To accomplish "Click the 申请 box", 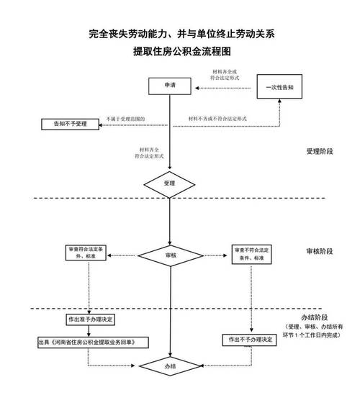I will click(168, 86).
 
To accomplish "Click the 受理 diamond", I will click(169, 183).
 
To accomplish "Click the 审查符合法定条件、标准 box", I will click(87, 253).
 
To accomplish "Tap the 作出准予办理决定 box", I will click(87, 319).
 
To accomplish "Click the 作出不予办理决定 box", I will click(250, 339).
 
